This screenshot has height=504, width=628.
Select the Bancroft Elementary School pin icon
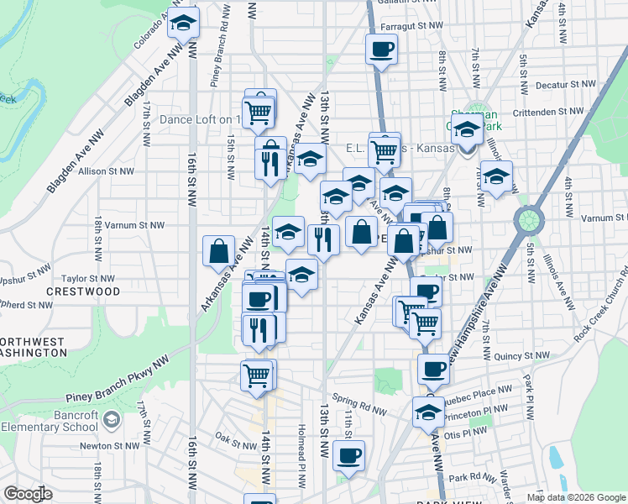pyautogui.click(x=111, y=418)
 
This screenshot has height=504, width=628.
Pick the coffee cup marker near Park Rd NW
pyautogui.click(x=348, y=455)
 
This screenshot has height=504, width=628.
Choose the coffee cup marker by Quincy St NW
pyautogui.click(x=434, y=368)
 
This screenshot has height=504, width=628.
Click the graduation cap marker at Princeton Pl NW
pyautogui.click(x=428, y=412)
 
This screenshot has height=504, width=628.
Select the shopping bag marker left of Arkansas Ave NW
pyautogui.click(x=219, y=250)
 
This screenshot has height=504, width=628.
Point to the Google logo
pyautogui.click(x=28, y=494)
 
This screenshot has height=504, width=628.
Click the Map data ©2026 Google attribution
pyautogui.click(x=576, y=497)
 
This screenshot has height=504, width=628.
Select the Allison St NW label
pyautogui.click(x=106, y=171)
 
